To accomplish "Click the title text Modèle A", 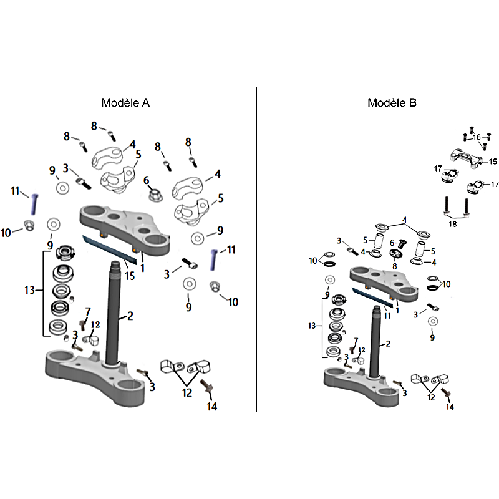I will pos(125,102).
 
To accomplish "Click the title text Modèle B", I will pos(392,102).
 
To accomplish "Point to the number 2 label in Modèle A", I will pos(130,316).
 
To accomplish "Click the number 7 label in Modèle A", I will pos(87,311).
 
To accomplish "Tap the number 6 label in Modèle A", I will pos(147,180).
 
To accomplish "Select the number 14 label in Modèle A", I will pos(212,406).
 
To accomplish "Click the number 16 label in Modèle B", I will pos(477,137).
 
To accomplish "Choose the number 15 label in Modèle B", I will pos(493,162).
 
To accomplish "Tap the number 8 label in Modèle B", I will pos(394,266).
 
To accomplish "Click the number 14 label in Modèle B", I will pos(450,406).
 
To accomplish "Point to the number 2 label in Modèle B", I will pos(388,344).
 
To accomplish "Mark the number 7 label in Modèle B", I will pos(356,341).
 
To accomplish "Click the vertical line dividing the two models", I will pos(256,249).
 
